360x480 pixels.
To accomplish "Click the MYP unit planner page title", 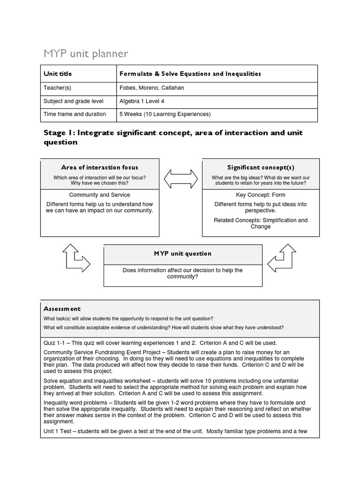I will (85, 54).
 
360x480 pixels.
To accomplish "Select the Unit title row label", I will (58, 74).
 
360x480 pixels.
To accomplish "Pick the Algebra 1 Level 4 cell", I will (142, 101).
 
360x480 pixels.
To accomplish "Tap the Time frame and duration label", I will (75, 114).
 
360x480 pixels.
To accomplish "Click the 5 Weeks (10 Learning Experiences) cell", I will (165, 114).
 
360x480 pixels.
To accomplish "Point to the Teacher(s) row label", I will (57, 88).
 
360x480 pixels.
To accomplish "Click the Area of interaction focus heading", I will (99, 167).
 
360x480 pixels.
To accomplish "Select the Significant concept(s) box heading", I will (261, 167).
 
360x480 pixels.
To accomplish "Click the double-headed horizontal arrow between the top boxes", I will (180, 179).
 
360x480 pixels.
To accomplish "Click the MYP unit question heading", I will (183, 254).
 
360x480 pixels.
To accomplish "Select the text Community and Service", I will (99, 195).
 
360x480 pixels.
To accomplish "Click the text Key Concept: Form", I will (261, 195).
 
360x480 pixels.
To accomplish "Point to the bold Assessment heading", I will (62, 309).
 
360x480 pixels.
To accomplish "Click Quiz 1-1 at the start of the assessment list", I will (55, 343).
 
